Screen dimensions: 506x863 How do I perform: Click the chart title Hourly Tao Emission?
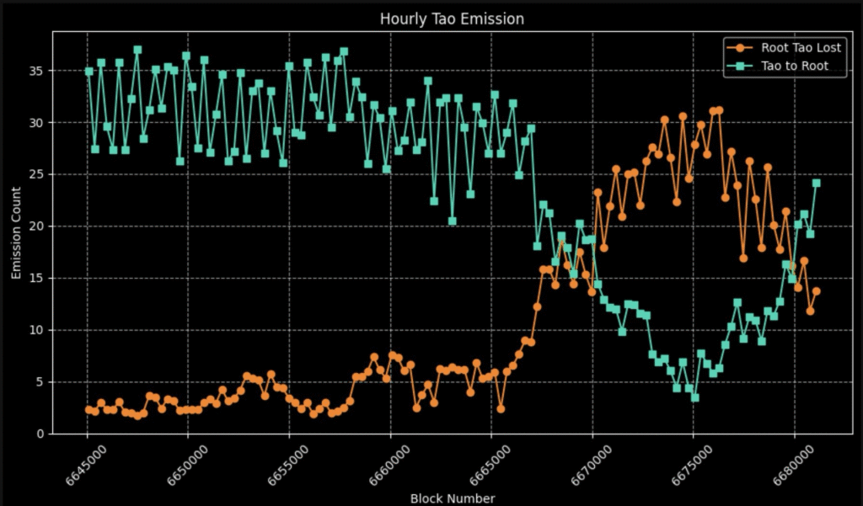coord(451,18)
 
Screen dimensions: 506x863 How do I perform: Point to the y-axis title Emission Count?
coord(17,232)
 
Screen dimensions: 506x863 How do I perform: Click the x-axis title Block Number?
coord(452,498)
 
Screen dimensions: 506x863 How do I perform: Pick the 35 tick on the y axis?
coord(35,71)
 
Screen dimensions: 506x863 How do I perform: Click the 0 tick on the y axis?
coord(40,434)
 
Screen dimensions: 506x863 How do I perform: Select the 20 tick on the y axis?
coord(35,226)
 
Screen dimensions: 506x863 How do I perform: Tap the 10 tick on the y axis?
coord(35,330)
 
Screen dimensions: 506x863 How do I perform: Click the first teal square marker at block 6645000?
coord(88,71)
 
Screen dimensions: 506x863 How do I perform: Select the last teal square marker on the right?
coord(816,183)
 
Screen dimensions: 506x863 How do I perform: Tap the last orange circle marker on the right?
coord(816,291)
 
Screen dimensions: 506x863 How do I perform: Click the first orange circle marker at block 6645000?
coord(88,409)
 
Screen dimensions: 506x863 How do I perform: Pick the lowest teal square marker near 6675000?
coord(694,397)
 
